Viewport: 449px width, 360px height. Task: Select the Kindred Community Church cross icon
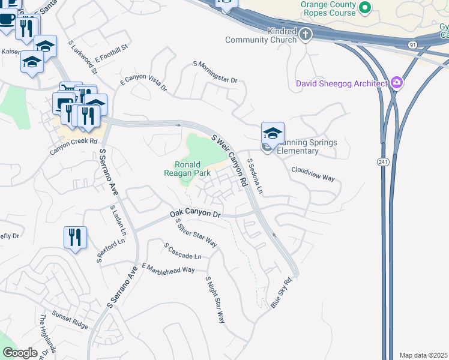306,35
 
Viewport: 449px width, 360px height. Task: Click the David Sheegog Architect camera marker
396,83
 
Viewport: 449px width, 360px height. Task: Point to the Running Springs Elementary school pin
273,134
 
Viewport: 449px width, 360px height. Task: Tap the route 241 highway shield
384,163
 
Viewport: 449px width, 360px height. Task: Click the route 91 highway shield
411,44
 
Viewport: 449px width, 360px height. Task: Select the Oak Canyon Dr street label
196,214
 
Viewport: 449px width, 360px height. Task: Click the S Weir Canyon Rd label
230,159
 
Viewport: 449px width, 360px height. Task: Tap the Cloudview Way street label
312,174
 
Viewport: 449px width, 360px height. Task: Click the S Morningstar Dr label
215,71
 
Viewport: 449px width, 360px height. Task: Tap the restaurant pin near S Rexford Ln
75,237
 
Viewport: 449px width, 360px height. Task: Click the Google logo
20,353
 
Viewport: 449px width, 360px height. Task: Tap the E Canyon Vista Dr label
143,83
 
